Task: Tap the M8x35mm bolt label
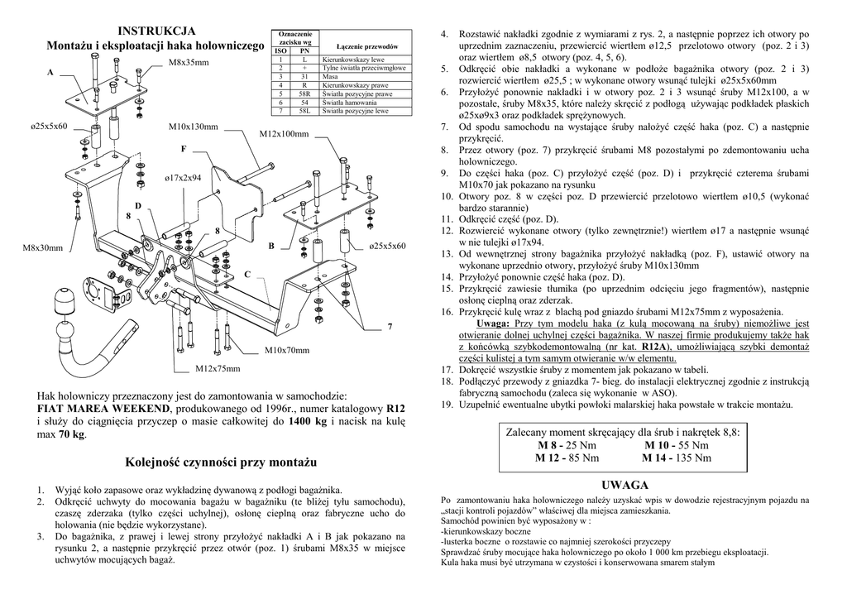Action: (x=189, y=63)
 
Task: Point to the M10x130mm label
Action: (x=194, y=127)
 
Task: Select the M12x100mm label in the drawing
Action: (x=284, y=134)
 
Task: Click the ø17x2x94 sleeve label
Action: (x=183, y=178)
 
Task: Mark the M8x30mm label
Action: (x=42, y=248)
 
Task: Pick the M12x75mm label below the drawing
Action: (x=218, y=368)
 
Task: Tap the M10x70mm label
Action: (x=287, y=351)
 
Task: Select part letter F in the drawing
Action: (x=184, y=149)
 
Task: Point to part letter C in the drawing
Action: (x=246, y=274)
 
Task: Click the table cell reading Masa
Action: (x=330, y=75)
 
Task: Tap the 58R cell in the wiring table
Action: (x=304, y=93)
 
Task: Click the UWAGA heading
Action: (x=625, y=485)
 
